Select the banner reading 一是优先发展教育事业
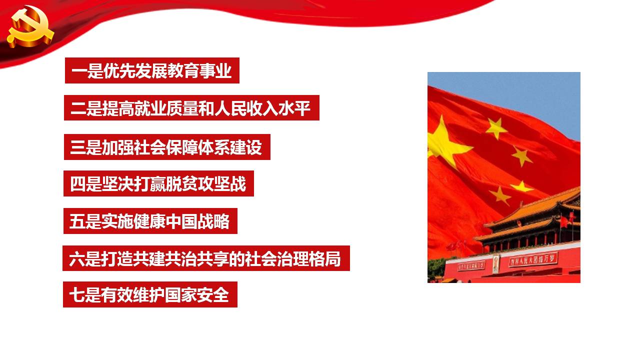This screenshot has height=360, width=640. [152, 70]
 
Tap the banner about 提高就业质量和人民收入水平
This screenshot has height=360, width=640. [191, 107]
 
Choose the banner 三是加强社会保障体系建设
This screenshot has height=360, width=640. [167, 147]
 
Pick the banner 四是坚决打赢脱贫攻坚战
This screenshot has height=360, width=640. [158, 183]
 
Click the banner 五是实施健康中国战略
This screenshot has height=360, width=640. [150, 221]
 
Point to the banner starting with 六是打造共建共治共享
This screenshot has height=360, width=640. [206, 258]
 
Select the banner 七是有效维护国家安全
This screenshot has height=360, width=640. [150, 294]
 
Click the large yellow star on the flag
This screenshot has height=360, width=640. [445, 143]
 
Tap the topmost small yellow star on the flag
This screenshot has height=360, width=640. [496, 128]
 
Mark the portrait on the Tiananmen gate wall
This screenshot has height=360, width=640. [496, 263]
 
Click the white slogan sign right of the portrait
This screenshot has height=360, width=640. [533, 259]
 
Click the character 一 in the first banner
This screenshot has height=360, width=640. [79, 71]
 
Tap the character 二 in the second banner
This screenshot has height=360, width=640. [78, 108]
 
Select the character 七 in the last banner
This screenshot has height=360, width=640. [76, 295]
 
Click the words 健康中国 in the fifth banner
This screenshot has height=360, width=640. [165, 221]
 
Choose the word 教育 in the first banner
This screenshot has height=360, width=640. [183, 71]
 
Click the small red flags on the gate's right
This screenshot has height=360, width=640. [567, 220]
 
